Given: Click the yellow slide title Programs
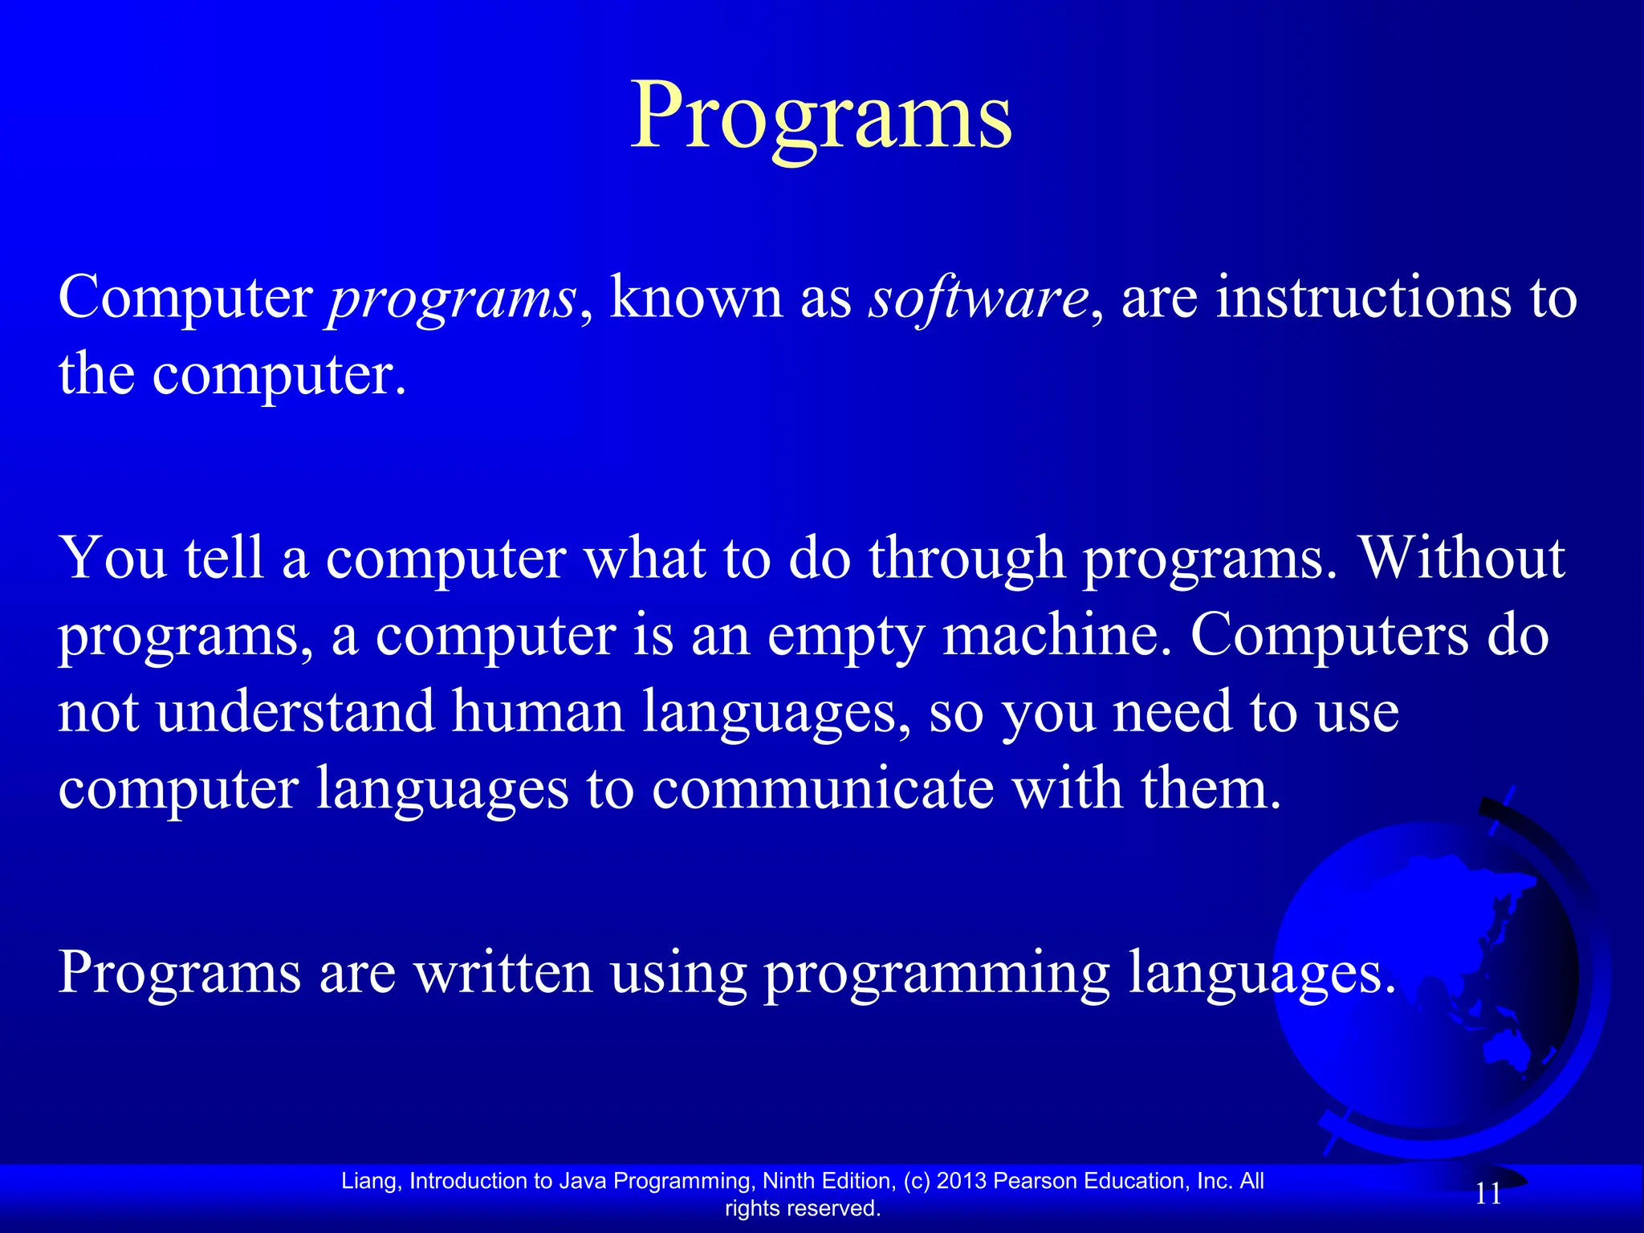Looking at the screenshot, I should tap(820, 116).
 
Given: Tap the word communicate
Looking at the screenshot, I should tap(822, 788).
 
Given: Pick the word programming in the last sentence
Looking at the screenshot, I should tap(936, 974).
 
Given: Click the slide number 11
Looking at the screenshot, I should tap(1488, 1194).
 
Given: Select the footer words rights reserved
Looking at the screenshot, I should tap(802, 1208).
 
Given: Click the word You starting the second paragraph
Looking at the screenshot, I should tap(113, 557).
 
